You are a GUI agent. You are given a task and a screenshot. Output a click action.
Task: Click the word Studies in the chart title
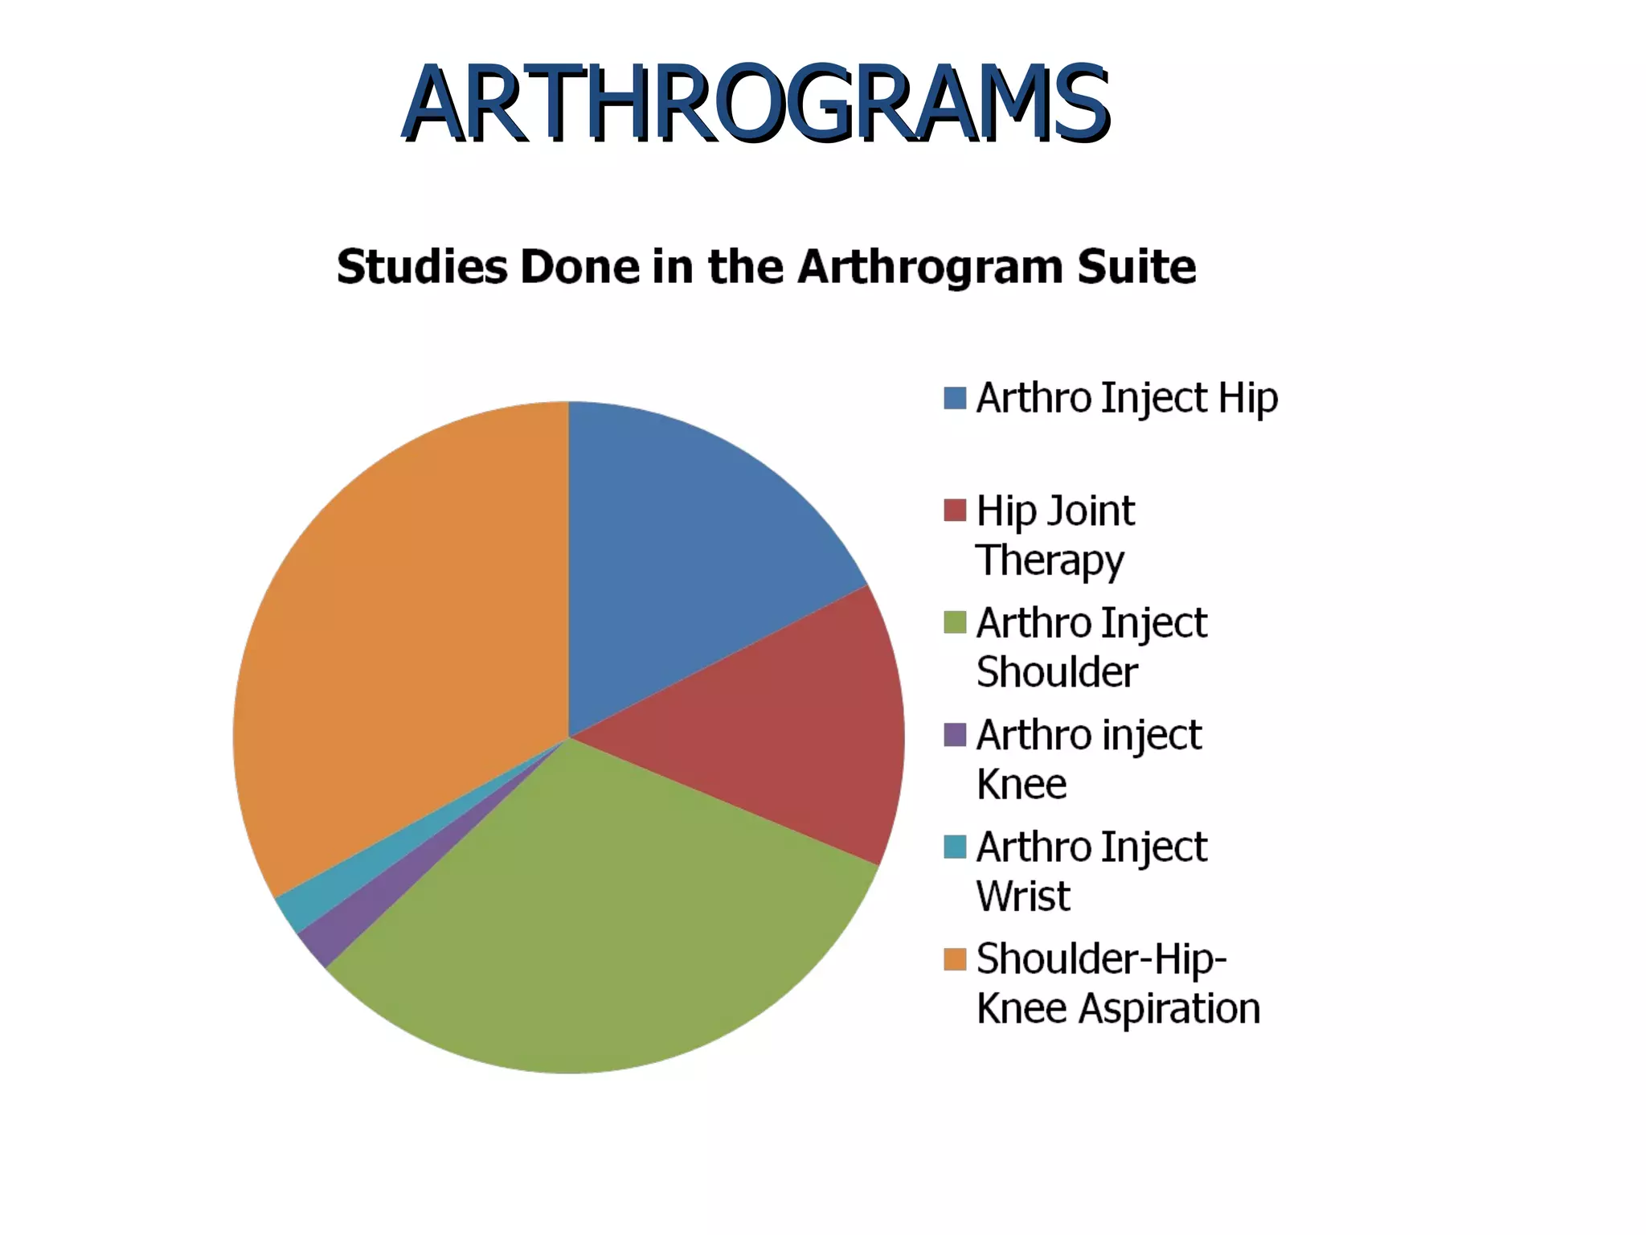(422, 267)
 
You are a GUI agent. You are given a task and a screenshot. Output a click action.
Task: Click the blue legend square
(955, 398)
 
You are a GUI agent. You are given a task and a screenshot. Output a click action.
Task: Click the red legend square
(955, 511)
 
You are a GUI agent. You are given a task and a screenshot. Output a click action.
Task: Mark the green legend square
(955, 622)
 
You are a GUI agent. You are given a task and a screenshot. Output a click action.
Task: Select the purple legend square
(955, 735)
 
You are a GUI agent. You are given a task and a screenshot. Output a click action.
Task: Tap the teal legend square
(955, 847)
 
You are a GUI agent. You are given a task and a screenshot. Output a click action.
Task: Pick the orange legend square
(955, 959)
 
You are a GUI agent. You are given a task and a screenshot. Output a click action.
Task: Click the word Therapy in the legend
(1050, 561)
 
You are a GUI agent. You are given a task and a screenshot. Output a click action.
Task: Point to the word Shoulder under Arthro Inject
(1057, 672)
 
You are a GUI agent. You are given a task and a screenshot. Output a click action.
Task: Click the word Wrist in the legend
(1023, 897)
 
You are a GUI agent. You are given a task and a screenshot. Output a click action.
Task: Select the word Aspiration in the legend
(1169, 1009)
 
